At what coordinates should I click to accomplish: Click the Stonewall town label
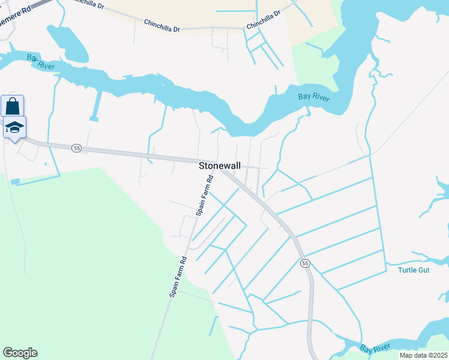220,166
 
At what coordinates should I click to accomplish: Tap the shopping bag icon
12,107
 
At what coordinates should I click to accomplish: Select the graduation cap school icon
14,127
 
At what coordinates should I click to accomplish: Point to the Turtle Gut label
414,270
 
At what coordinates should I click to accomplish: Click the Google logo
20,353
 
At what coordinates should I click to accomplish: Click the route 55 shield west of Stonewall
76,148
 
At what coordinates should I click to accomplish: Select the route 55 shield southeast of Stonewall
305,263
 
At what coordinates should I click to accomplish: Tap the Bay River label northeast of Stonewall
314,97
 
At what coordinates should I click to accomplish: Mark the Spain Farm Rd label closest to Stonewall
205,196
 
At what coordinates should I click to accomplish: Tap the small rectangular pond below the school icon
15,181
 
